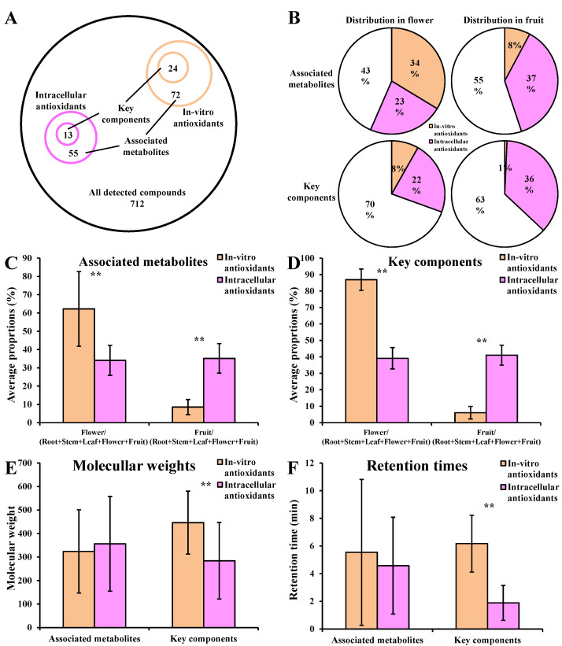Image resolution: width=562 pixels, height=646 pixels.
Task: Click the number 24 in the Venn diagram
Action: [172, 68]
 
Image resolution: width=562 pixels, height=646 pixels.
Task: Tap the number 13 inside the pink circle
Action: [69, 135]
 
